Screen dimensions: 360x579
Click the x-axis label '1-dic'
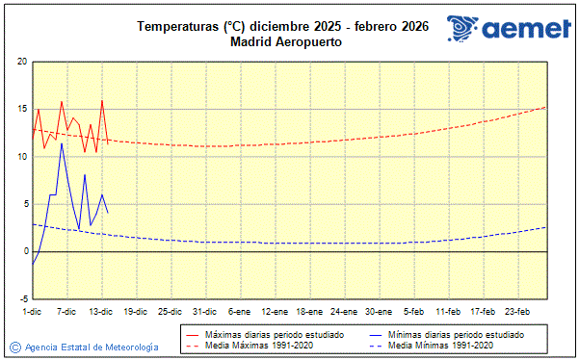[x=32, y=311]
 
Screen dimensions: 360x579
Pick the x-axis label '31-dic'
[x=204, y=311]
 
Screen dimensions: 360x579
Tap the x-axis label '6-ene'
[x=240, y=311]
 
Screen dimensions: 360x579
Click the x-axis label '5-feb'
[x=414, y=311]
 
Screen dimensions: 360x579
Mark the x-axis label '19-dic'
[x=135, y=311]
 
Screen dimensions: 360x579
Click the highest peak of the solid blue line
[x=62, y=142]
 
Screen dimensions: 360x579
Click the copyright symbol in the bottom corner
[x=14, y=347]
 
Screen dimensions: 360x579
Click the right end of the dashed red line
[x=546, y=107]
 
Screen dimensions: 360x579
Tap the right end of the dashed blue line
[x=546, y=227]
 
